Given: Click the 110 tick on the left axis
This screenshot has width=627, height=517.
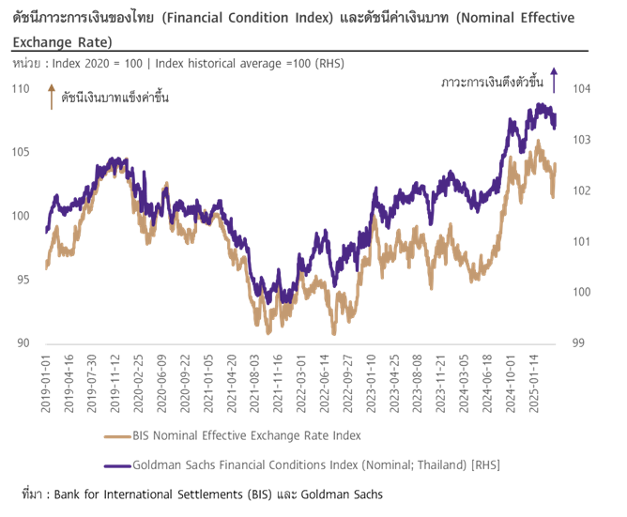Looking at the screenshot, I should (x=21, y=88).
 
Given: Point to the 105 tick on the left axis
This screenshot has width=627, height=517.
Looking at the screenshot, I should (x=21, y=152).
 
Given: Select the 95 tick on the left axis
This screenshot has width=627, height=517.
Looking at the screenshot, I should (x=23, y=280).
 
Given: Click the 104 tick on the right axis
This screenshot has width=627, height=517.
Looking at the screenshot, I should (x=581, y=88).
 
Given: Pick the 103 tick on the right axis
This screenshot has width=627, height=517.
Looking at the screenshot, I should (x=581, y=140).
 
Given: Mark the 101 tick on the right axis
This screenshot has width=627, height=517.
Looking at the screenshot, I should (x=581, y=241).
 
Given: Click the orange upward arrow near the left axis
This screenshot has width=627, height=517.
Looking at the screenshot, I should (x=51, y=96).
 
